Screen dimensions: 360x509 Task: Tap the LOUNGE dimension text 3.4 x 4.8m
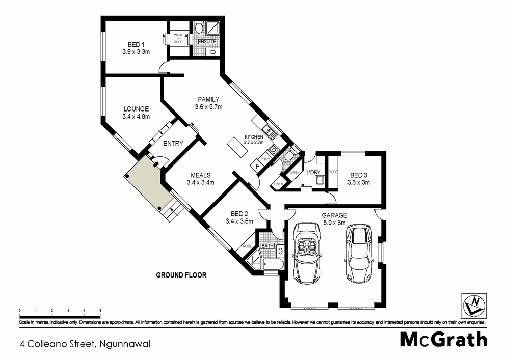pyautogui.click(x=136, y=117)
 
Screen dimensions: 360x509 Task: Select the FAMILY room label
pyautogui.click(x=208, y=99)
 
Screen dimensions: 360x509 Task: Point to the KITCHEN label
pyautogui.click(x=254, y=137)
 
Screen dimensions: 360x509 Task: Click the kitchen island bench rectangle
pyautogui.click(x=234, y=147)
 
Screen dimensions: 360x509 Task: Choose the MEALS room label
pyautogui.click(x=200, y=175)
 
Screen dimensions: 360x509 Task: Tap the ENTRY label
pyautogui.click(x=173, y=144)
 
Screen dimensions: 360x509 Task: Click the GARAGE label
pyautogui.click(x=334, y=215)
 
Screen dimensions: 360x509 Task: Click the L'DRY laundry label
pyautogui.click(x=312, y=172)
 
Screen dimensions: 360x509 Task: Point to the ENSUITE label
pyautogui.click(x=207, y=41)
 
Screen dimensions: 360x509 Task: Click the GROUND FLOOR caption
pyautogui.click(x=181, y=275)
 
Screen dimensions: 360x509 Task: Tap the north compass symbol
pyautogui.click(x=472, y=305)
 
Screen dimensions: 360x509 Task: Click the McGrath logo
pyautogui.click(x=443, y=340)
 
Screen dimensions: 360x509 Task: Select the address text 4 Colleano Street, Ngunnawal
pyautogui.click(x=85, y=344)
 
